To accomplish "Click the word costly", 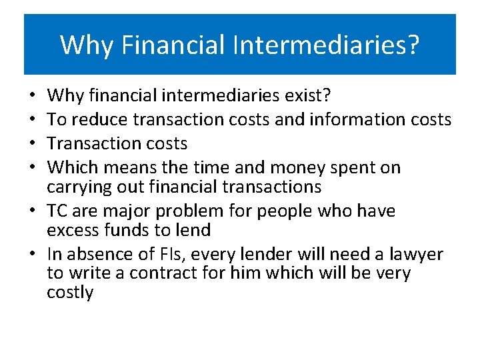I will point(70,293).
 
